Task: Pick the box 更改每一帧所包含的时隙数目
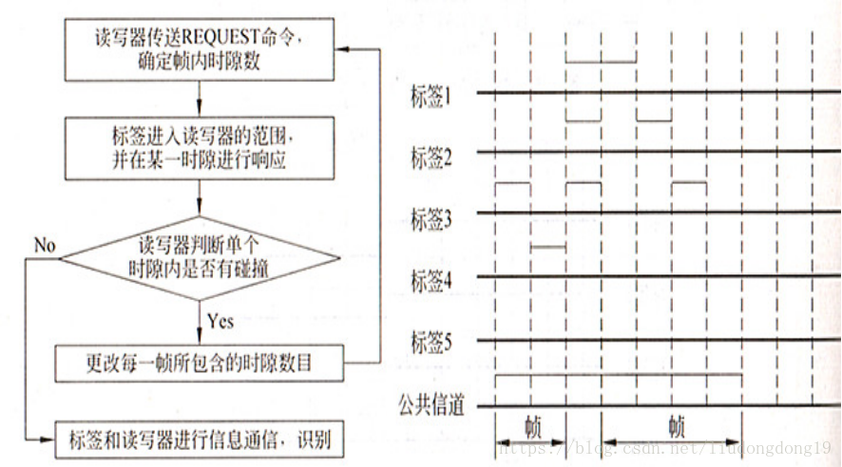click(199, 362)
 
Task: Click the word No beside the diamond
click(45, 246)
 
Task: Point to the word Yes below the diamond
click(220, 321)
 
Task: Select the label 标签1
click(430, 96)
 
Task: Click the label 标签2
click(430, 157)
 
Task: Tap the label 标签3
click(430, 219)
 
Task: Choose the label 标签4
click(430, 281)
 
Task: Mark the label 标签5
click(430, 343)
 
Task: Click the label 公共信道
click(431, 407)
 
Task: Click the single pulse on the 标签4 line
click(547, 248)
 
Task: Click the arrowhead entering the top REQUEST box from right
click(347, 49)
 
